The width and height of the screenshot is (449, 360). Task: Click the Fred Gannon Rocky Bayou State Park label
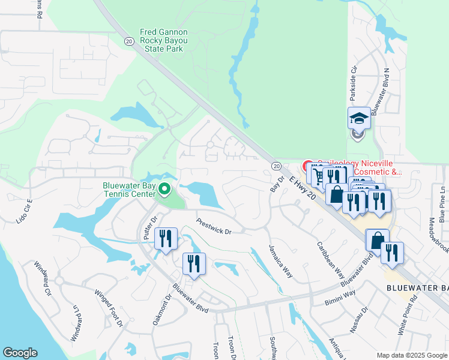[x=164, y=41]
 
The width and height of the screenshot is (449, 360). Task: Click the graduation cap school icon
[x=359, y=118]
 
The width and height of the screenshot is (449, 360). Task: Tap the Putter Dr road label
[x=149, y=228]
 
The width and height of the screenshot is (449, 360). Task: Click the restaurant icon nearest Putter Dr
[x=165, y=238]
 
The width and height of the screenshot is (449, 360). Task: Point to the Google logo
[x=20, y=353]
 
